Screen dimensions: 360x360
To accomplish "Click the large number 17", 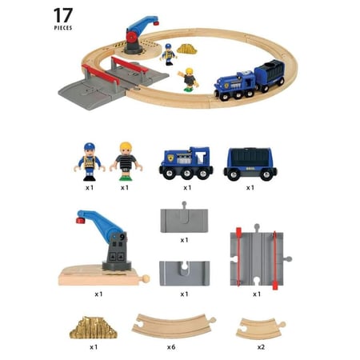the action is [63, 15].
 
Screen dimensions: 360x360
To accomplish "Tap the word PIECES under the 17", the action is [63, 28].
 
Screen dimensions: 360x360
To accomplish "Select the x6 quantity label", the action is [171, 347].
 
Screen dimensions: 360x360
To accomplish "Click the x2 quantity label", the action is [261, 347].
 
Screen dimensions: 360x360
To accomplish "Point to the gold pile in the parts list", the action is [94, 328].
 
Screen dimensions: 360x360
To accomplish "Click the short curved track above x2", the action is [261, 328].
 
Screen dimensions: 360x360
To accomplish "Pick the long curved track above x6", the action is [174, 326].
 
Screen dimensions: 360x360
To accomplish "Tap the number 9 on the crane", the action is [122, 237].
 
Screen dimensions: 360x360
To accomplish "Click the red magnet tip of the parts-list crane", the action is [80, 220].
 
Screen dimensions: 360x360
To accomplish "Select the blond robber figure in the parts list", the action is [126, 162].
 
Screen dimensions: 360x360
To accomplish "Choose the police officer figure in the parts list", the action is [90, 162].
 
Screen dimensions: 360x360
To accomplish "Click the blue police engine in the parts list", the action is [186, 163].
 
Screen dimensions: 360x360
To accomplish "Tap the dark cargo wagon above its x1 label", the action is [250, 164].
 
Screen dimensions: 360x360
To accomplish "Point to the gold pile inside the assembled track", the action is [187, 49].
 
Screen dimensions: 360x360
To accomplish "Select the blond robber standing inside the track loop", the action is [189, 80].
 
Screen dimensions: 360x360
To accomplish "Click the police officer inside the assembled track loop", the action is [168, 54].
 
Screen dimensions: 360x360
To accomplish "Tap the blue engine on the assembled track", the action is [234, 86].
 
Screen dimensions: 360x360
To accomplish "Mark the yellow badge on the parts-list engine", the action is [170, 158].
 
